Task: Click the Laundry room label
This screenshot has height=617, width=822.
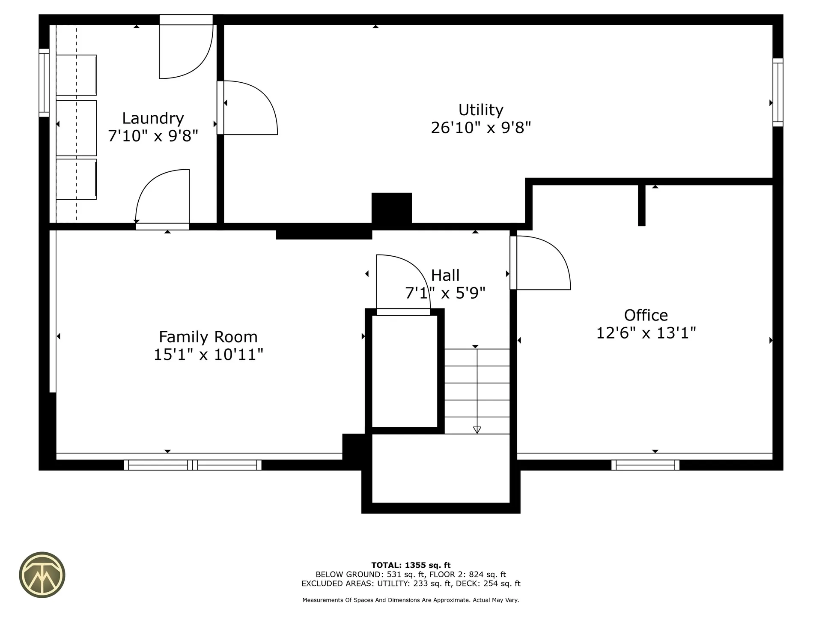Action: click(153, 118)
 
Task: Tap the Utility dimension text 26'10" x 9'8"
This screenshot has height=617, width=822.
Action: click(480, 128)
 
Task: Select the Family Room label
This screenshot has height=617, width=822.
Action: click(208, 337)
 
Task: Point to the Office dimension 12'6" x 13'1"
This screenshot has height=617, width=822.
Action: click(646, 333)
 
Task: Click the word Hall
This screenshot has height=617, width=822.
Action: click(445, 275)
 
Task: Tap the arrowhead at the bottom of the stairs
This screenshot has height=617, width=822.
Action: click(477, 430)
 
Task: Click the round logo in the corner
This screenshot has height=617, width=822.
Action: click(42, 575)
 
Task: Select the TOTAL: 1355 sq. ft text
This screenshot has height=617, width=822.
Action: click(411, 565)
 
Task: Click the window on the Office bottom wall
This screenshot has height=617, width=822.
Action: click(645, 465)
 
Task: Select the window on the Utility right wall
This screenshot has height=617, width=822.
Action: click(777, 93)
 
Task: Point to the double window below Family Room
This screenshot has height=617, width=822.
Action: click(192, 465)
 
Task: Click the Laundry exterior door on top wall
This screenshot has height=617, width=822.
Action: click(186, 47)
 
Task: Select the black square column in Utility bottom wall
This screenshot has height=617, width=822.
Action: click(391, 208)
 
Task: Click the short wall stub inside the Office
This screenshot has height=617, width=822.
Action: click(641, 205)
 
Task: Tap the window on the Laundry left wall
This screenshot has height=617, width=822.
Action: click(44, 83)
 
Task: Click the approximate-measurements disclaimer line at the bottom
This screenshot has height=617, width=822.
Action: click(411, 600)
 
